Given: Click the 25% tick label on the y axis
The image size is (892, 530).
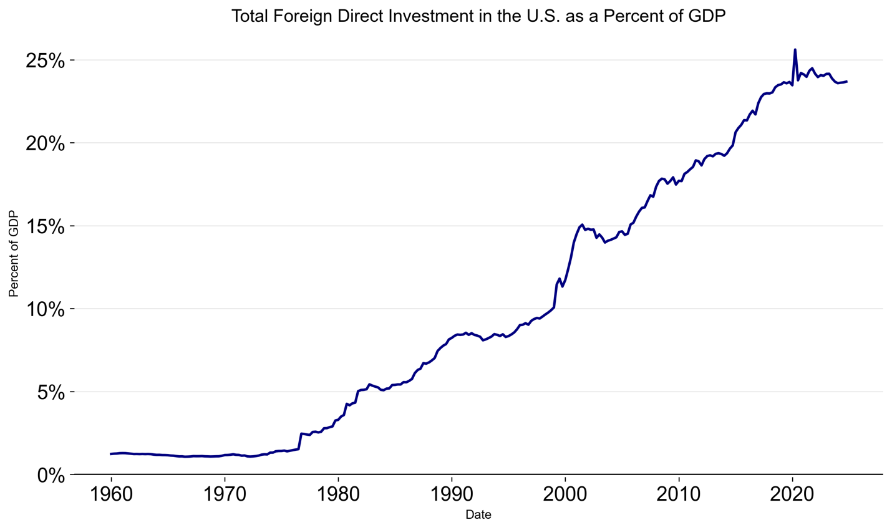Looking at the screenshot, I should (x=45, y=60).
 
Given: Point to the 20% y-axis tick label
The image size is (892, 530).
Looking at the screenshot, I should (x=45, y=143).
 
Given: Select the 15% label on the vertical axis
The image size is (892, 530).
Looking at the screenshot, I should (x=45, y=226).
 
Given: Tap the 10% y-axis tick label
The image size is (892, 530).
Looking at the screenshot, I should (x=45, y=309).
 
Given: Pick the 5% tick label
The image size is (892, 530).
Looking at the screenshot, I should (x=51, y=392).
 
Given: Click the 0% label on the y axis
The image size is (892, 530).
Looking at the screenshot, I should (x=51, y=475).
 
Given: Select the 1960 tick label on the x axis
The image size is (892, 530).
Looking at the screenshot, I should (x=111, y=494).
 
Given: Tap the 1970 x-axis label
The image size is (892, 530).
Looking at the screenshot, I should (x=225, y=494).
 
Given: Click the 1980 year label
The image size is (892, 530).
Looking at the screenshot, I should (x=338, y=494).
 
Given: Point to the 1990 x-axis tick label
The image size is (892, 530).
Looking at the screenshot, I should (x=452, y=494).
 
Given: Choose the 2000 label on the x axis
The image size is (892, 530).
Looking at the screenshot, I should (x=565, y=494).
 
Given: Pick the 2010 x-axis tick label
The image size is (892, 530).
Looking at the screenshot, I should (x=679, y=494).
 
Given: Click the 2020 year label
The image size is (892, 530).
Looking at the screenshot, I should (x=792, y=494).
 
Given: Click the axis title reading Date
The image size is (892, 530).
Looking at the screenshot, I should (x=478, y=515).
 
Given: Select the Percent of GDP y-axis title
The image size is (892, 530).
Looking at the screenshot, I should (x=14, y=254).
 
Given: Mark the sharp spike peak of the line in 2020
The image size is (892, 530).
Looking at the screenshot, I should (x=795, y=49).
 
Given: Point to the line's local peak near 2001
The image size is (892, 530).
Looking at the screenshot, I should (x=582, y=224).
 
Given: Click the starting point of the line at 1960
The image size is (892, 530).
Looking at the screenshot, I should (x=111, y=454).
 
